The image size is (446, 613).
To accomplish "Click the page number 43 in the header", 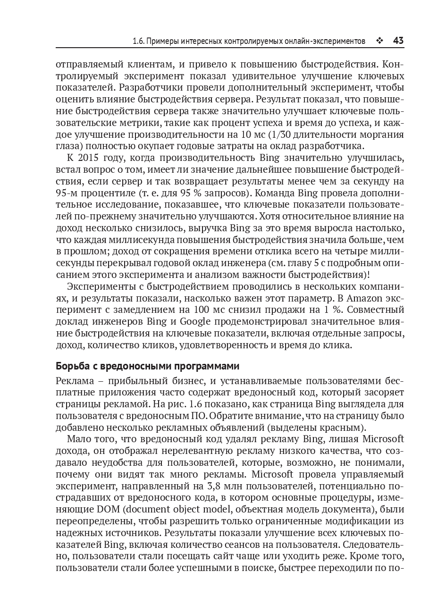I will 397,41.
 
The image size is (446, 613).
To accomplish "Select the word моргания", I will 381,134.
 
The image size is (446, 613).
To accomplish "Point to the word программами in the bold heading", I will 207,367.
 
